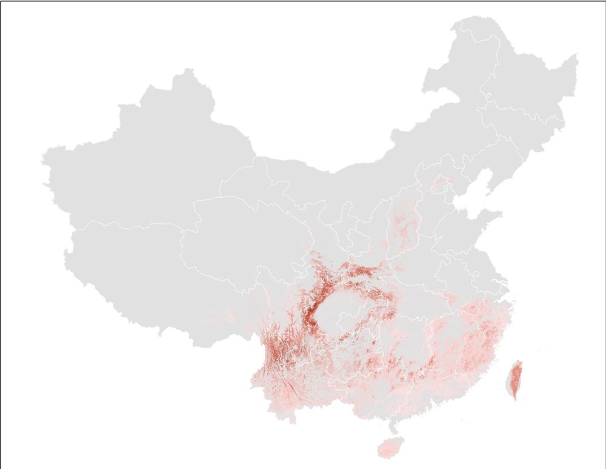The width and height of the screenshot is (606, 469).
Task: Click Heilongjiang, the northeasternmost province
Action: tap(521, 79)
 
